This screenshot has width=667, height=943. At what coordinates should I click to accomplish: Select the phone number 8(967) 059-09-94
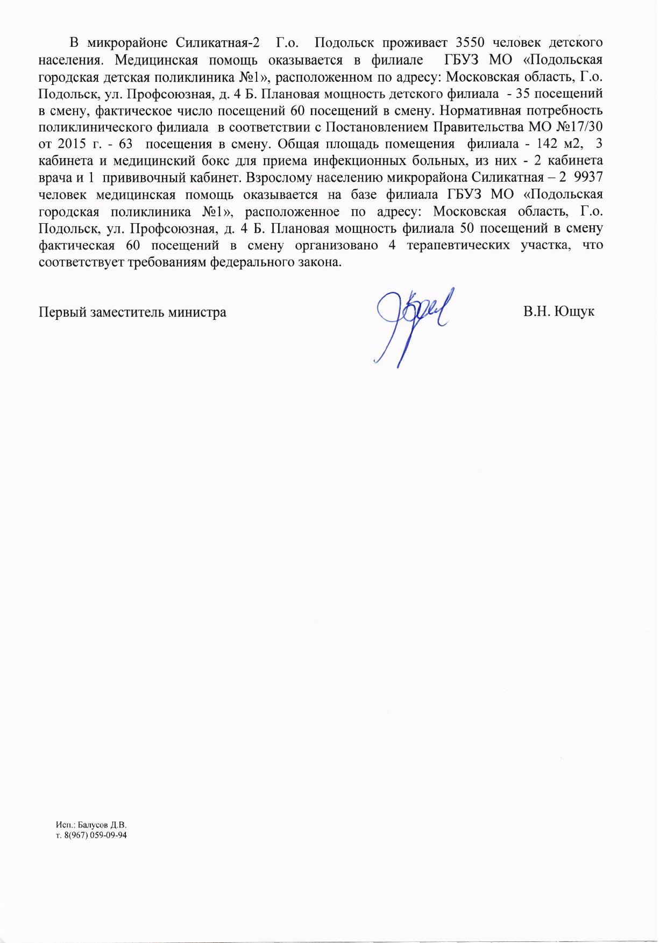pos(95,835)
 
